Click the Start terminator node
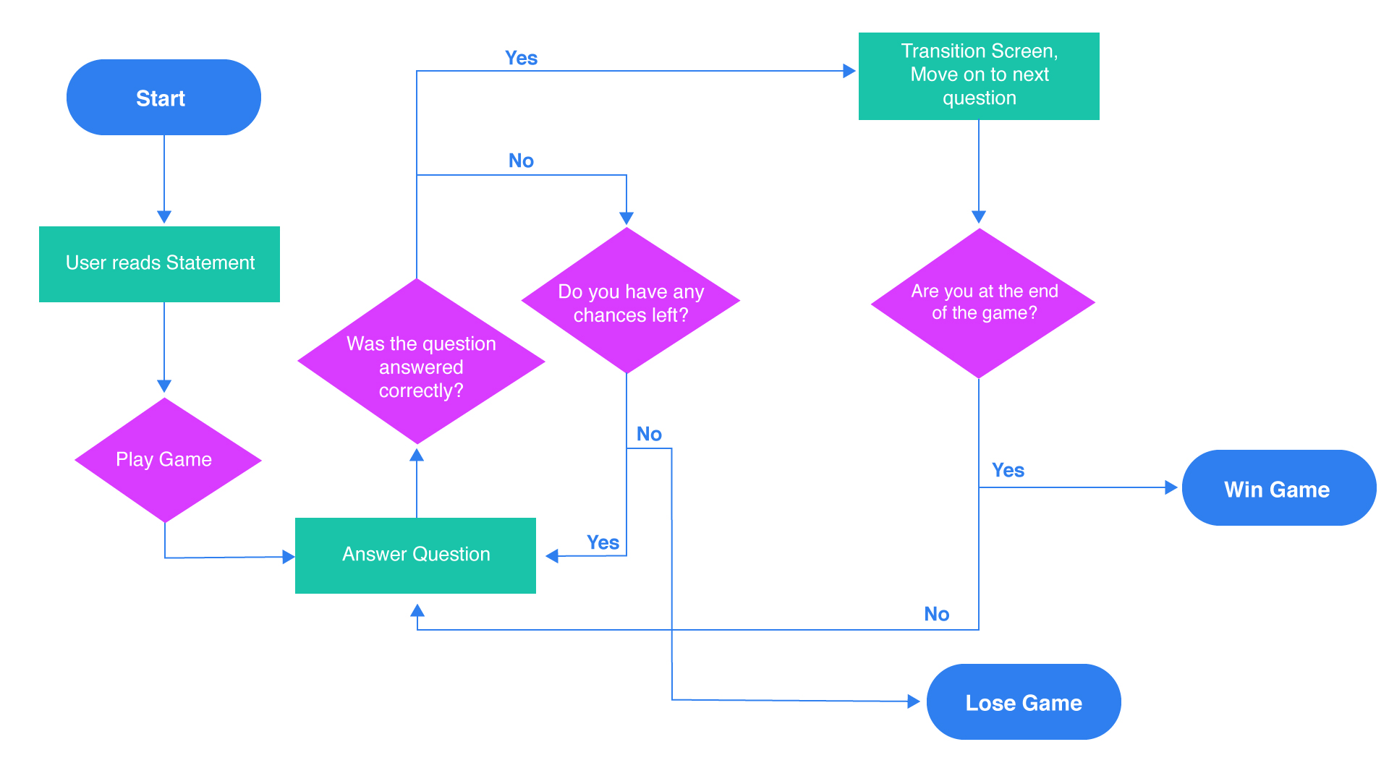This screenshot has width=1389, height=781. [x=163, y=98]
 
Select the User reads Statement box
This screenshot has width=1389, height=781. [x=159, y=264]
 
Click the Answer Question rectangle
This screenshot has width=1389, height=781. [x=415, y=555]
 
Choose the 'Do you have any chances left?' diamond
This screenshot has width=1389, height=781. [x=629, y=302]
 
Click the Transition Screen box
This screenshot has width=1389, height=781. [x=979, y=76]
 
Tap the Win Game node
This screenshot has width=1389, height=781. [x=1278, y=488]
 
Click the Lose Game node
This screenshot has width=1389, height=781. [x=1023, y=702]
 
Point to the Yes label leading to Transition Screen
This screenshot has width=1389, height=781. [x=521, y=58]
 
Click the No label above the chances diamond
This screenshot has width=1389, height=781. [x=521, y=161]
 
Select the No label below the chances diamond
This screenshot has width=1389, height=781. [x=649, y=434]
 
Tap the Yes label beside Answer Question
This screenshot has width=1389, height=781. [x=603, y=542]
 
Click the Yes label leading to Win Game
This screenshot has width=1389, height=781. [x=1008, y=470]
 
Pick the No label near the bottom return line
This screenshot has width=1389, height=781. [x=936, y=614]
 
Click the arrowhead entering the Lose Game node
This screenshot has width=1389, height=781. [x=914, y=701]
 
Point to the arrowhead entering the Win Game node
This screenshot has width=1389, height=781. [x=1171, y=487]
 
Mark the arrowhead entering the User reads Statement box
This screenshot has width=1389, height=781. [x=164, y=217]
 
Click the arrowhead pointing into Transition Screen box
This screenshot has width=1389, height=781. [x=849, y=71]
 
